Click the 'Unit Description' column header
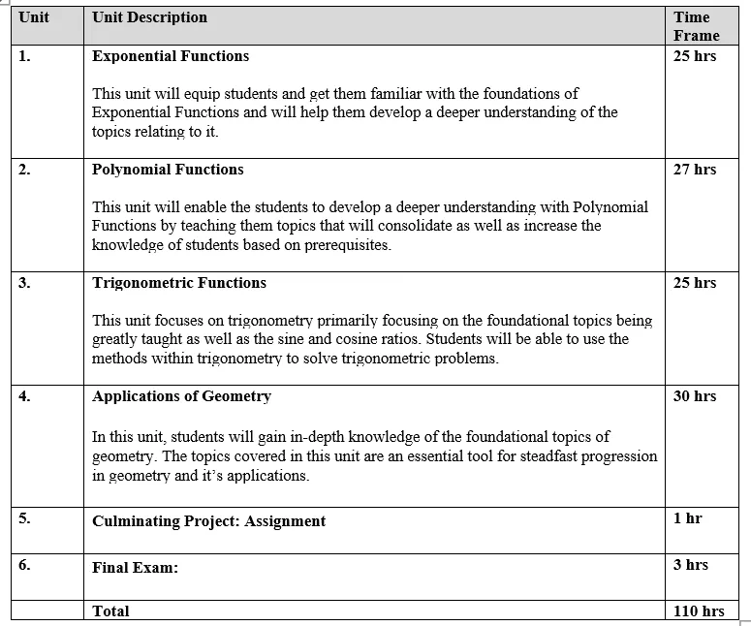149,17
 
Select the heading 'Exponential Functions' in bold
171,56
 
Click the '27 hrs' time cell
695,170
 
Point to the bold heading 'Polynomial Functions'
168,170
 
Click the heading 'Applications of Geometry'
181,396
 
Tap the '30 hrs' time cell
695,396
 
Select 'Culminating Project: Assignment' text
208,521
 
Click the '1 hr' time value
687,518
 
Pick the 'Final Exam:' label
135,568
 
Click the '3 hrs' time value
690,565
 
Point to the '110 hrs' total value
699,611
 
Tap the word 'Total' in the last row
110,611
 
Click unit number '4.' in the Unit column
25,396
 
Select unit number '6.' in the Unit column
25,565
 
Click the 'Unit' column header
34,17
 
